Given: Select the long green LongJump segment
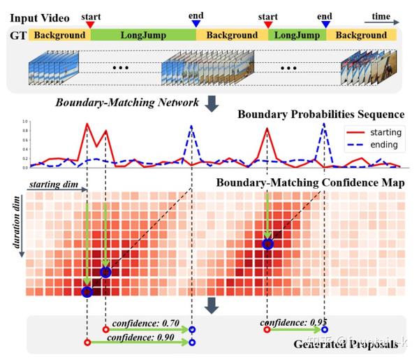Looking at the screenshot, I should (142, 34).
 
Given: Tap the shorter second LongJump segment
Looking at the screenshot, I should (296, 34).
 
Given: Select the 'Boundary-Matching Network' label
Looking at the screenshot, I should (128, 103).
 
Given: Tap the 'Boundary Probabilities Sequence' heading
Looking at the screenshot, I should (321, 114).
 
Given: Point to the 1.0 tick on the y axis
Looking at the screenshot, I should (25, 122).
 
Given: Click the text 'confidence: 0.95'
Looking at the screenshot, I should (291, 322).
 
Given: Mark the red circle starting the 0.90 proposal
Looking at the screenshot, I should (87, 343).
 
